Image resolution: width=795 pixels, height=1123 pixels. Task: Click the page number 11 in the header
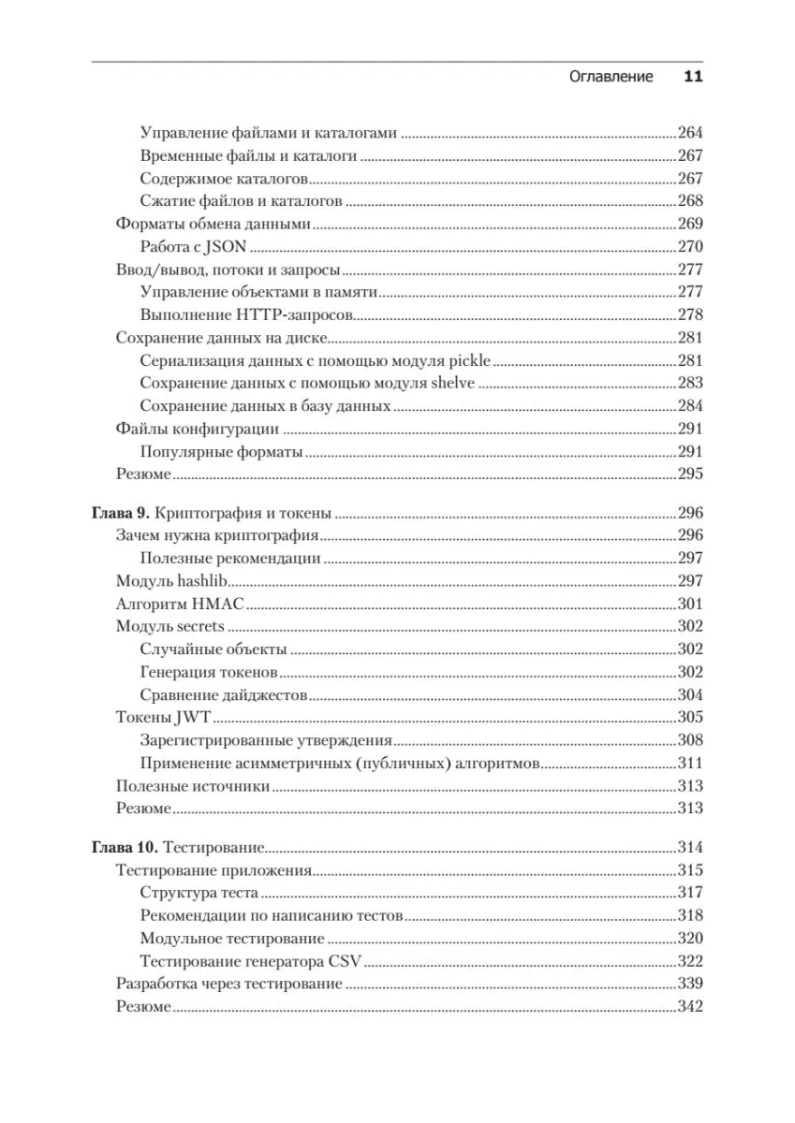point(692,77)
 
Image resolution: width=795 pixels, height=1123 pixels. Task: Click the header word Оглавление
point(611,77)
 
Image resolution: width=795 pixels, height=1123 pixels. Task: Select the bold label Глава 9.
point(120,512)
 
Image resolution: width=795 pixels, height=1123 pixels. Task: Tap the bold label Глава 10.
point(125,847)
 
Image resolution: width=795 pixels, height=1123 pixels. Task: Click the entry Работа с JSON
point(193,246)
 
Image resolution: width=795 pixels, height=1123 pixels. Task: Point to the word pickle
point(471,360)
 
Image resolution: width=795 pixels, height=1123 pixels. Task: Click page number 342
point(689,1007)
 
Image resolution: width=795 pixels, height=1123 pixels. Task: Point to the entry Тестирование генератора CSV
point(250,961)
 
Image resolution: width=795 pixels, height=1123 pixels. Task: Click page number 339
point(689,984)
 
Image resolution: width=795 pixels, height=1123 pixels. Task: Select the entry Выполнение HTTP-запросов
point(245,314)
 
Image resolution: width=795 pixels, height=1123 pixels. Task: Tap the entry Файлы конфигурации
point(197,429)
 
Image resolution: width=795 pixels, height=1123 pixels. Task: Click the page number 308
point(689,740)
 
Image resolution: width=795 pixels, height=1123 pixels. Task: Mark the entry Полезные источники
point(193,786)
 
